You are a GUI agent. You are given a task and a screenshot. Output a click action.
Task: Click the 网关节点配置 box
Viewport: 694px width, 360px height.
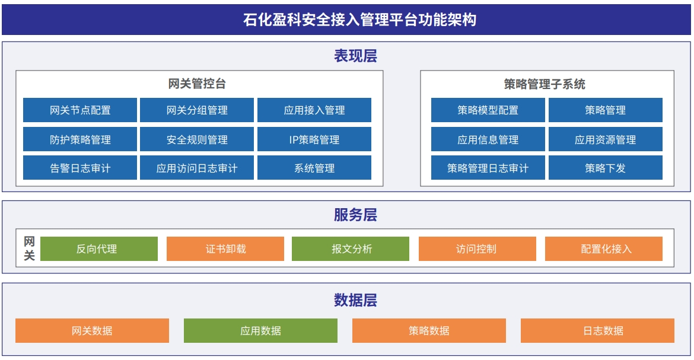79,110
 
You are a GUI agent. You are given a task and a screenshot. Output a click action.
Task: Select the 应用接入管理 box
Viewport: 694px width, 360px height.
314,110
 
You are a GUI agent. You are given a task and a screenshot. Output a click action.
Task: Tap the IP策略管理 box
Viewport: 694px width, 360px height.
314,139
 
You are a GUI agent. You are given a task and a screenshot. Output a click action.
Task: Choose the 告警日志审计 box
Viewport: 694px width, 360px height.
79,167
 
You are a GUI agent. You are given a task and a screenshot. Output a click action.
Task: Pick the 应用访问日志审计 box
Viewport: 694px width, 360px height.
197,167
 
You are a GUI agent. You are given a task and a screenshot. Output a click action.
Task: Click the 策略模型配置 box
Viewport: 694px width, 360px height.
488,110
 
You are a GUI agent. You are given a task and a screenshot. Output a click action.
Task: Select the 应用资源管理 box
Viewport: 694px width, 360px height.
606,139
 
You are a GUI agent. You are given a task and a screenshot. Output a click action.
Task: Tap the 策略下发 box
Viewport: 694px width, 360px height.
606,167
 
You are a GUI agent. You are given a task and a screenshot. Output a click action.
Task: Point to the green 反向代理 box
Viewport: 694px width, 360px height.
99,249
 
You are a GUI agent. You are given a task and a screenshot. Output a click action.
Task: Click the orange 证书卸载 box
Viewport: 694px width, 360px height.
225,249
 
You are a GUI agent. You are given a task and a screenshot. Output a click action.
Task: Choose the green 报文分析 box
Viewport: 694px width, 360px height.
351,249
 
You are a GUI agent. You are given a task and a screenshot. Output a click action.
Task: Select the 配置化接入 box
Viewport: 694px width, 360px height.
604,249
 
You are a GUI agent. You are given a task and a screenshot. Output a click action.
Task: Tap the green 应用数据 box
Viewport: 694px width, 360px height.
260,330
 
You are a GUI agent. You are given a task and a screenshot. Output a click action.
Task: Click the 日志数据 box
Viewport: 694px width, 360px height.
597,330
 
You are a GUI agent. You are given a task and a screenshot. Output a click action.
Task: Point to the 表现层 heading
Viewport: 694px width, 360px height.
355,56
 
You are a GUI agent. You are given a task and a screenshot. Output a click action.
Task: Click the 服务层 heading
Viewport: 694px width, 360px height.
355,215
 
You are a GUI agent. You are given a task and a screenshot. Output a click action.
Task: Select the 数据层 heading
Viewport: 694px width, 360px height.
355,300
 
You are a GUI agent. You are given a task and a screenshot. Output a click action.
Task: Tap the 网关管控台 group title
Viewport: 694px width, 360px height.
197,84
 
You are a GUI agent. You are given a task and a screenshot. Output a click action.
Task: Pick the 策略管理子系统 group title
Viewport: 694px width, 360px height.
545,84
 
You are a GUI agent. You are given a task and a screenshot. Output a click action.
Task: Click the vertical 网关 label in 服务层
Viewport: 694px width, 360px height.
29,249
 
